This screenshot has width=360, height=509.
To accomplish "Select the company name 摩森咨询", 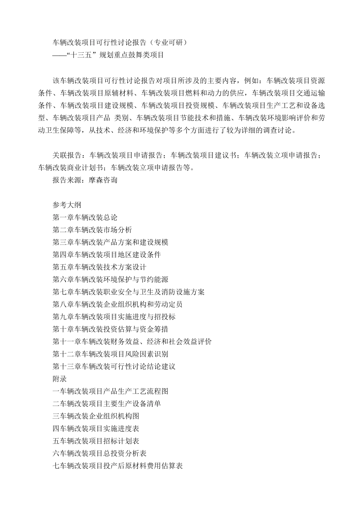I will point(103,180).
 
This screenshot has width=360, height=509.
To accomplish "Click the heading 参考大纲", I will point(67,205).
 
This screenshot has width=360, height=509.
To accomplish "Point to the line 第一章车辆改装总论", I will point(85,217).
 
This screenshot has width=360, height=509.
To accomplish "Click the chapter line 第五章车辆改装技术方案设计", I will point(99,267).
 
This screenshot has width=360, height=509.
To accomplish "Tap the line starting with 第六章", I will point(110,279).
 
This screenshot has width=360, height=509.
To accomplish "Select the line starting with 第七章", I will point(128,292).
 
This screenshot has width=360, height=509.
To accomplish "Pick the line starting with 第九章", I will point(114,317).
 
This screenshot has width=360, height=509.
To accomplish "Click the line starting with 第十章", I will point(110,329).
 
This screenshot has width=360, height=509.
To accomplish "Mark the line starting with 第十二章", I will point(110,354).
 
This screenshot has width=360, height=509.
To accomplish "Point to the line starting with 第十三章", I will point(114,367).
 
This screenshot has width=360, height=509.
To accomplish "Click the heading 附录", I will point(59,379).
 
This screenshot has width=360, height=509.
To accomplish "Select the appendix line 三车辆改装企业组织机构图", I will point(96,416).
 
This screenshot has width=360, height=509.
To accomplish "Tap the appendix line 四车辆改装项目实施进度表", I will point(96,429).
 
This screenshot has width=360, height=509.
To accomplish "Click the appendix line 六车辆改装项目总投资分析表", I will point(99,453).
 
